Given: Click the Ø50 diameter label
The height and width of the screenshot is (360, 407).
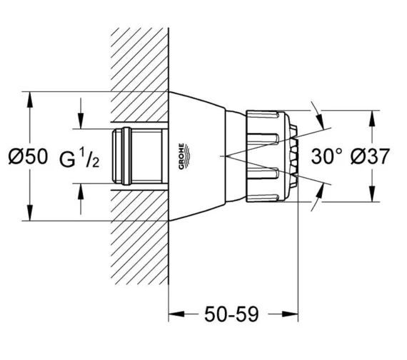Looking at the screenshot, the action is click(29, 156).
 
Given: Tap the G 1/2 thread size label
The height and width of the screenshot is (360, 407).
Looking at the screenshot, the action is click(79, 157).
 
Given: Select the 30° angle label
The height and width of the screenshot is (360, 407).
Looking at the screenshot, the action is click(327, 156).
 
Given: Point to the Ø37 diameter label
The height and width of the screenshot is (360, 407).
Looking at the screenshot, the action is click(370, 156).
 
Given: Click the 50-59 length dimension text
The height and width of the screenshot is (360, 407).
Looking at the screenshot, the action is click(232, 314).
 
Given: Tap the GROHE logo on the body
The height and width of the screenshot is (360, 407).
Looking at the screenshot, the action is click(184, 156).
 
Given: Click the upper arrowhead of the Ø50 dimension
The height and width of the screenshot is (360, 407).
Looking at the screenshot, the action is click(30, 99).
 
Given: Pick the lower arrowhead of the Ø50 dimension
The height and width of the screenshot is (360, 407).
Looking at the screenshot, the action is click(30, 213).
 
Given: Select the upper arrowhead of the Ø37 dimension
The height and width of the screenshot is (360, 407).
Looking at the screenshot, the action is click(373, 118).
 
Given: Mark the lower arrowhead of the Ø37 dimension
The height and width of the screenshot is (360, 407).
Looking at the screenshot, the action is click(373, 194).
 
